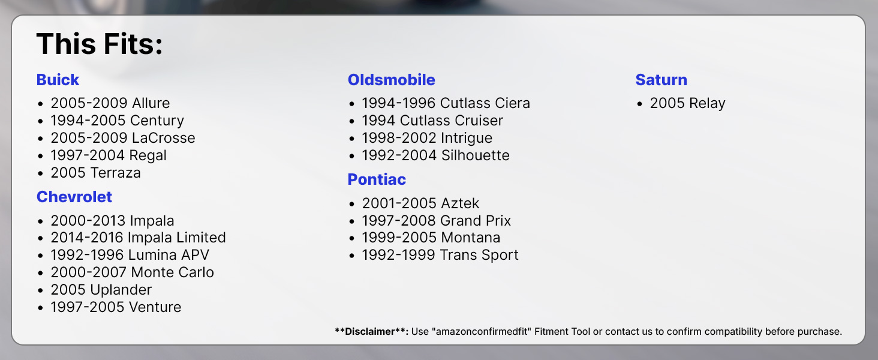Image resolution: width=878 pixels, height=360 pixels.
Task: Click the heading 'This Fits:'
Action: point(99,44)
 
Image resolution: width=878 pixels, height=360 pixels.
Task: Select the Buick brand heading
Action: point(58,80)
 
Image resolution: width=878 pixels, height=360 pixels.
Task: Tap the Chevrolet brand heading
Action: point(74,197)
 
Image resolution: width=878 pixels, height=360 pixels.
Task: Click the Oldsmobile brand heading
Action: point(391,80)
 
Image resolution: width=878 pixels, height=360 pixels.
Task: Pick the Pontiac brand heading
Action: point(377,179)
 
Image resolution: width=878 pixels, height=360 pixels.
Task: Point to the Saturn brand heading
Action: point(661,80)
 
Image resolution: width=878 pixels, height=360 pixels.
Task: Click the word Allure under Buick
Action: point(151,103)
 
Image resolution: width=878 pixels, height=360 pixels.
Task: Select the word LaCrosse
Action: point(164,138)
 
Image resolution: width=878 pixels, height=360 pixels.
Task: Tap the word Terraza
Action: point(115,173)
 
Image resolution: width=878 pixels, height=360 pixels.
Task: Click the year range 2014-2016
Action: point(87,238)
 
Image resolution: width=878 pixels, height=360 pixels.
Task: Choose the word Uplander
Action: point(121,290)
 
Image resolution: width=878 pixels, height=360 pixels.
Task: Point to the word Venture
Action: point(155,307)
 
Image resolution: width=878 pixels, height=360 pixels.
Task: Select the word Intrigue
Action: point(467,138)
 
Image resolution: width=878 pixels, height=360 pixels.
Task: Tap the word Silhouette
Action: point(476,155)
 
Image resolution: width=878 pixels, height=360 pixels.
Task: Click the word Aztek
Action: point(460,203)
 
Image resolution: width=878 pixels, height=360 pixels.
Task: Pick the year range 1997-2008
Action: point(398,221)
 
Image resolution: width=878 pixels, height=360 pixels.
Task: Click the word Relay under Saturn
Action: point(707,103)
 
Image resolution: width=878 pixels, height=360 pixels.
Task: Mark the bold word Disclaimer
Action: point(369,331)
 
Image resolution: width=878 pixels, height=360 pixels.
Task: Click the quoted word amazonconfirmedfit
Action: point(483,331)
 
